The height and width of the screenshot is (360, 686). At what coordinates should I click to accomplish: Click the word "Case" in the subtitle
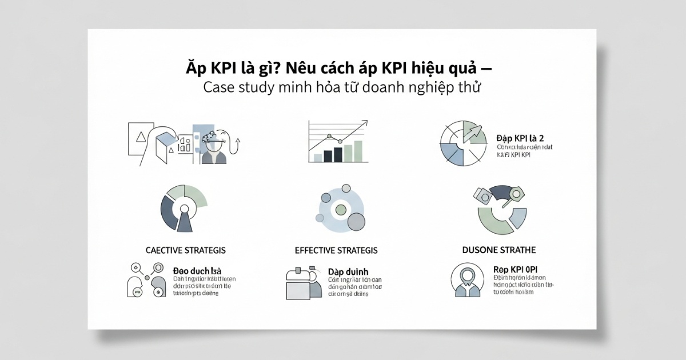(221, 89)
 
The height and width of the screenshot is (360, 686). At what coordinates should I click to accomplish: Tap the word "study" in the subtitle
(258, 89)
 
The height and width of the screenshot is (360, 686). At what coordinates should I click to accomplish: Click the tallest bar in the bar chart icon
(357, 150)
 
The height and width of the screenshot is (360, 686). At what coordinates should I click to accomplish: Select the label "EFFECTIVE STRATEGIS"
(336, 250)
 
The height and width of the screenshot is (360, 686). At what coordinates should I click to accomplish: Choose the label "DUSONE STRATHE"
(498, 250)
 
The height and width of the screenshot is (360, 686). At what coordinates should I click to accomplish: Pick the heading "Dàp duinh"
(348, 270)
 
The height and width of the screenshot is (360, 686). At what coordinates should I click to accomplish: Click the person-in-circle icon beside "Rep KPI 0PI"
(466, 281)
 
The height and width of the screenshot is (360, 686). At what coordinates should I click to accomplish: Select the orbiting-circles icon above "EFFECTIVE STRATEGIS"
(340, 208)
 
